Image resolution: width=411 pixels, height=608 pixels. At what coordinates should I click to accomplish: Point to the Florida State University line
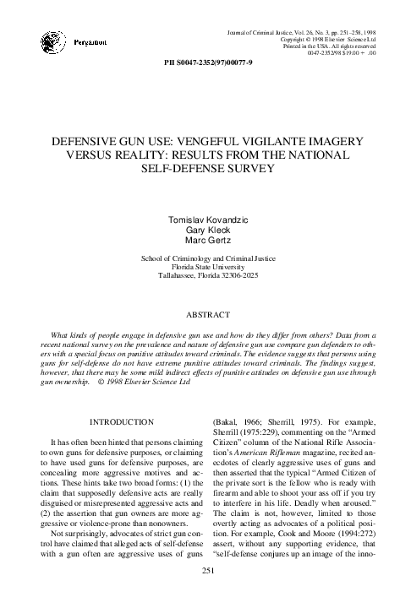click(205, 265)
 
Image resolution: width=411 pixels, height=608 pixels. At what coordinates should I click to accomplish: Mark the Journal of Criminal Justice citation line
click(304, 31)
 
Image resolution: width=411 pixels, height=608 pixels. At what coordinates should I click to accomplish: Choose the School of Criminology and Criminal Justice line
click(205, 255)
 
